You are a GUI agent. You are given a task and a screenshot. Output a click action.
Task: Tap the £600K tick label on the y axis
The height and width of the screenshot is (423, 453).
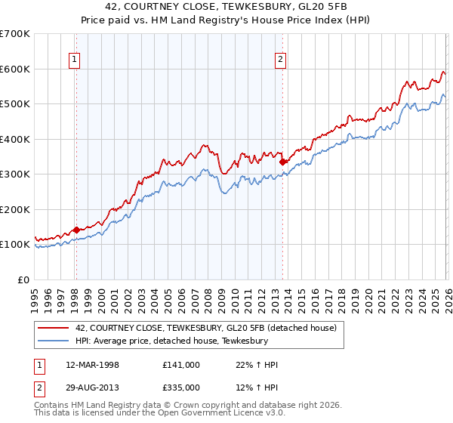[15, 69]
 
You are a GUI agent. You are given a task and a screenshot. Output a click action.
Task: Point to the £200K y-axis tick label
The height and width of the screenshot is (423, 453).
[15, 209]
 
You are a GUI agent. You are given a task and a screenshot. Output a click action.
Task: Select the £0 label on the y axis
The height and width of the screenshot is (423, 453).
[23, 279]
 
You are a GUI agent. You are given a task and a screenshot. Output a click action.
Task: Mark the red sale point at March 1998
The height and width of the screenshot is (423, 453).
[76, 230]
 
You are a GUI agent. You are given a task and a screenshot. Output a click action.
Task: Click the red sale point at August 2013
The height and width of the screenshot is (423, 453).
[282, 161]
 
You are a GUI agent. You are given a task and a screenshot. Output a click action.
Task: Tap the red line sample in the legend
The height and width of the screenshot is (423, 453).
[54, 328]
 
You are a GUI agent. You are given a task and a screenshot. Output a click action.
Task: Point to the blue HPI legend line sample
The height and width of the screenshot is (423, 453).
[54, 341]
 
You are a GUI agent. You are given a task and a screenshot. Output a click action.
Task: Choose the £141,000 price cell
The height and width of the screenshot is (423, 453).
[180, 365]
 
